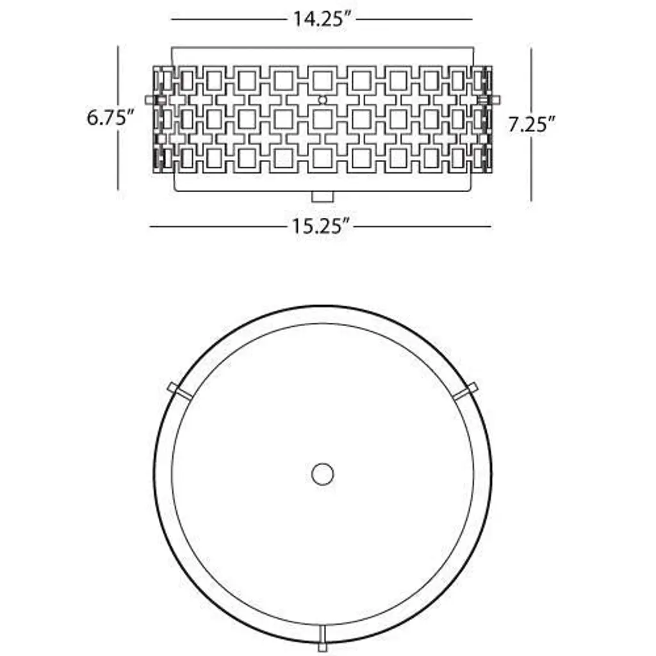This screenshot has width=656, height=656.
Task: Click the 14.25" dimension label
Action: (322, 19)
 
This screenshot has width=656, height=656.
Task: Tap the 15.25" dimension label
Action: (320, 226)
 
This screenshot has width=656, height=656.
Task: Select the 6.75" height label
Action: (110, 118)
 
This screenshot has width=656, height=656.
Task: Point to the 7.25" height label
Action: (531, 124)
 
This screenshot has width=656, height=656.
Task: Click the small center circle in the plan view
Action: (323, 474)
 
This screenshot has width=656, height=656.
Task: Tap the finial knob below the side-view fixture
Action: (323, 197)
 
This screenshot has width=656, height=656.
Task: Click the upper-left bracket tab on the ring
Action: (179, 391)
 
